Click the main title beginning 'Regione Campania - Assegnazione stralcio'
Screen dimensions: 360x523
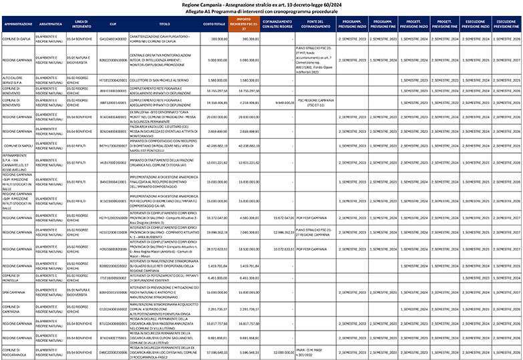[x=261, y=4]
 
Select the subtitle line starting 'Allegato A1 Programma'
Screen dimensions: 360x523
[x=261, y=11]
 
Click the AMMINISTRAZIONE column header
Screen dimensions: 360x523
[x=17, y=25]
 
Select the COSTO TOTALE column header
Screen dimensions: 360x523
[x=214, y=25]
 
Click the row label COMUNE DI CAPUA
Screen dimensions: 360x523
[x=16, y=39]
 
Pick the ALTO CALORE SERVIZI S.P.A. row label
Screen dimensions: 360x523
[x=16, y=79]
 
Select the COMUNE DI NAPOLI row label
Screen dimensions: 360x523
[x=18, y=145]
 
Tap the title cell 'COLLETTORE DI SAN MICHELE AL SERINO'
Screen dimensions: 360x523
[x=159, y=79]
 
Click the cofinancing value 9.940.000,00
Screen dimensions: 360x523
[x=279, y=103]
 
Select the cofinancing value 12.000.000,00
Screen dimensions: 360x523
[x=279, y=350]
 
